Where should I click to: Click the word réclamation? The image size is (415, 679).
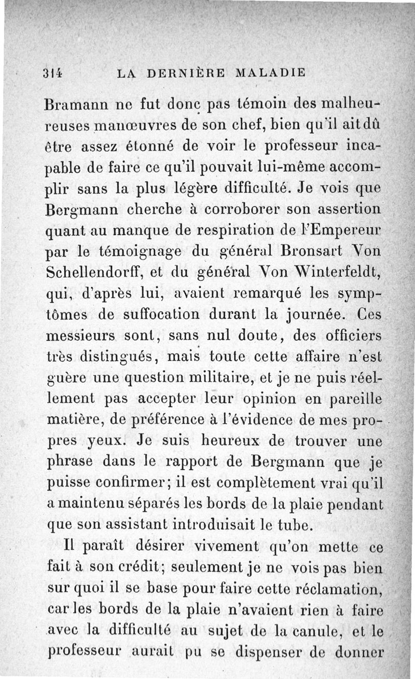329,589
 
